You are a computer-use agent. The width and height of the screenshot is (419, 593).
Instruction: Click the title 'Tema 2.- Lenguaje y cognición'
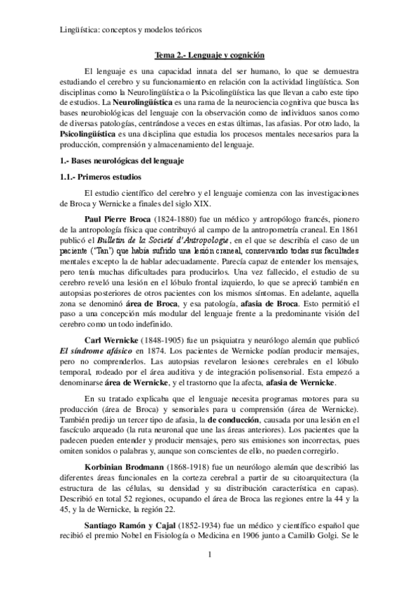(x=209, y=55)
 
